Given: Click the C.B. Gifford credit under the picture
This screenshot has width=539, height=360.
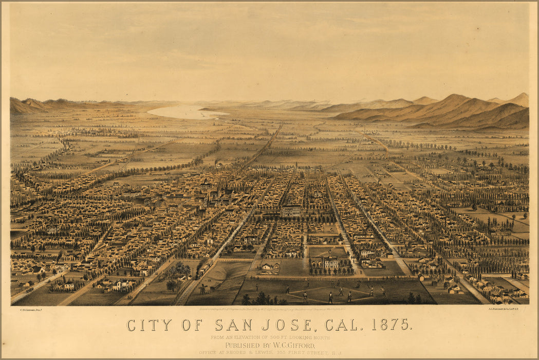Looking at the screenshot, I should (x=30, y=310).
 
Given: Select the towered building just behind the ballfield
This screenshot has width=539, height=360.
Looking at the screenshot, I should (x=330, y=262).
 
